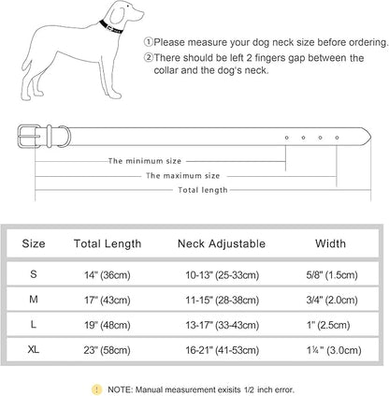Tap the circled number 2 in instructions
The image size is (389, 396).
click(x=150, y=57)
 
